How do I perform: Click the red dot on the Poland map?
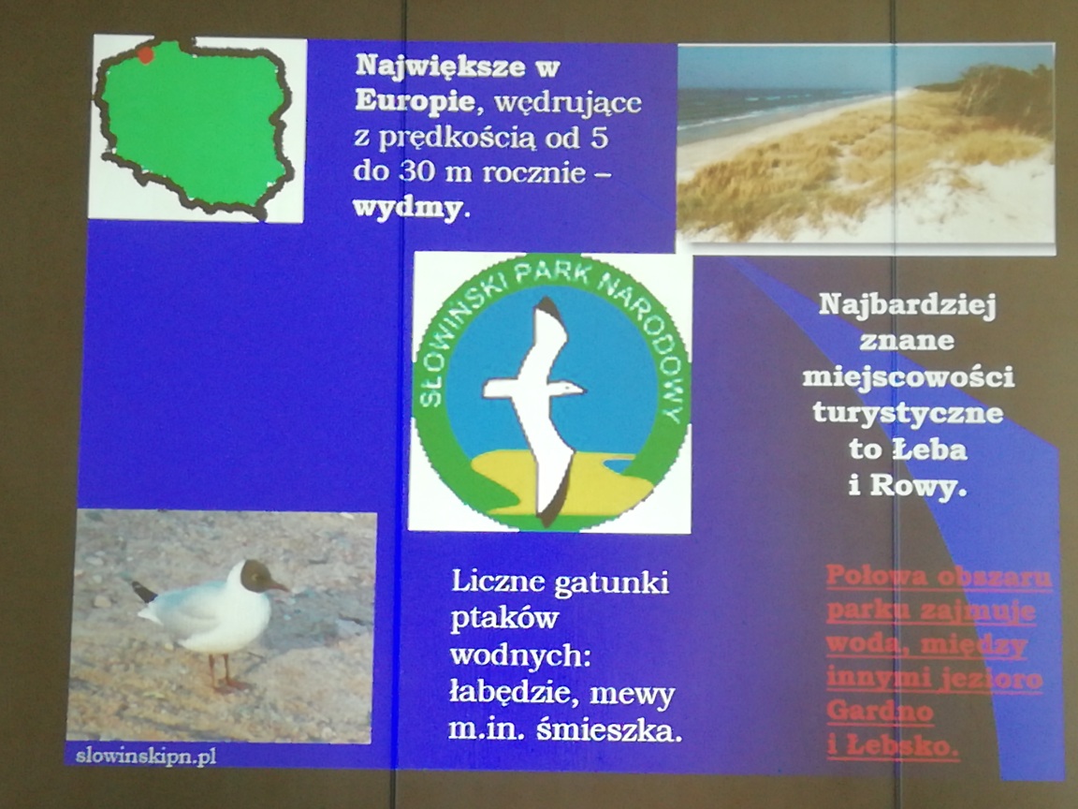(x=145, y=54)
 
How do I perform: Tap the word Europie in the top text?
(x=415, y=102)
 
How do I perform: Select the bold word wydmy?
(x=407, y=208)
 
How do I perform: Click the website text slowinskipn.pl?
(x=146, y=757)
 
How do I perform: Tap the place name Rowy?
(x=918, y=486)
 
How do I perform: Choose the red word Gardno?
(x=880, y=711)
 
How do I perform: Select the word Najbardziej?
(x=908, y=305)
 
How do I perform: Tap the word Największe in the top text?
(x=458, y=66)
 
